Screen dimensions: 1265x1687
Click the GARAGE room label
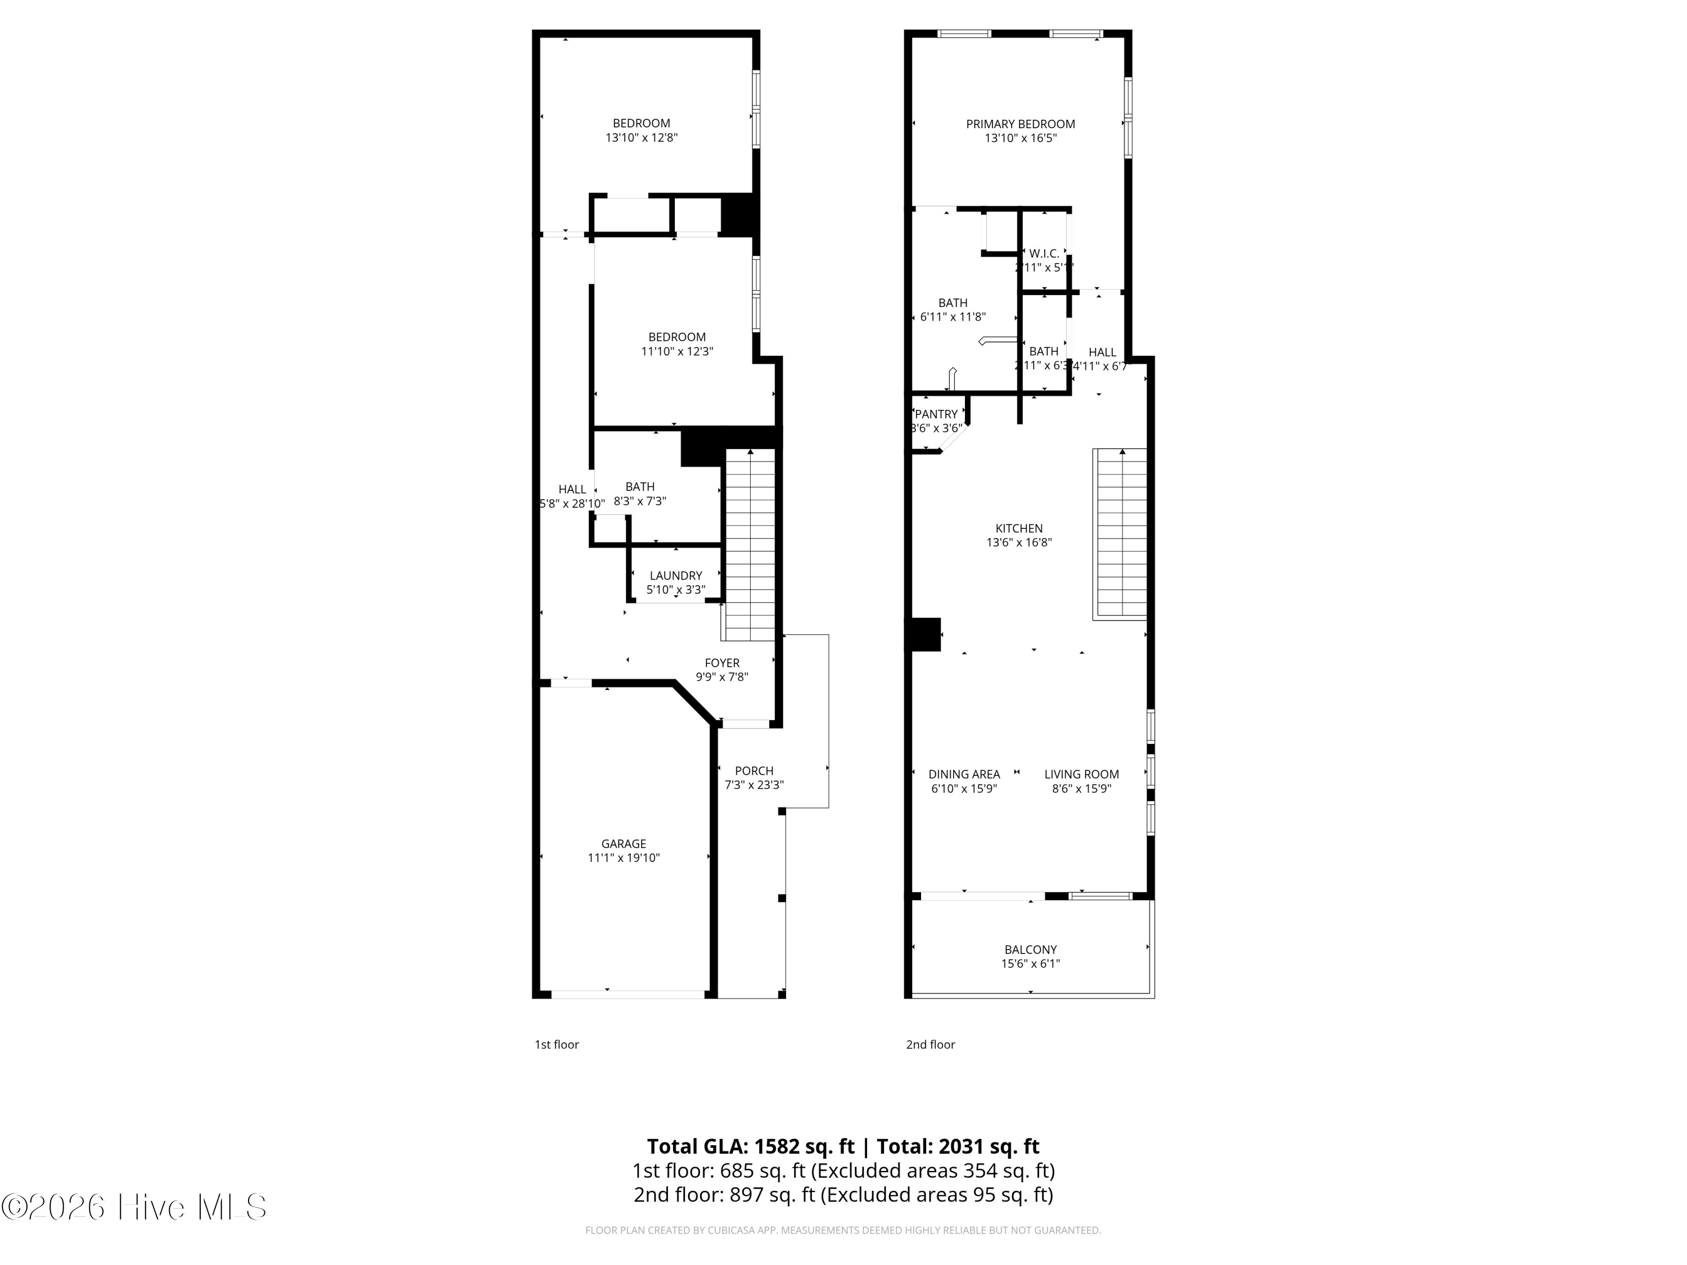pos(623,843)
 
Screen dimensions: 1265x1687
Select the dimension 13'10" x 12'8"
pos(642,138)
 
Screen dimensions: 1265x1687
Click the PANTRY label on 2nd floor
pos(936,414)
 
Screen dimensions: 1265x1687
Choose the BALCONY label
pos(1030,950)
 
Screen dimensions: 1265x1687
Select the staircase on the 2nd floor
pos(1120,534)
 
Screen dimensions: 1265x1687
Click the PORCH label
pos(754,771)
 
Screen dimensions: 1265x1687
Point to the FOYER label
pos(721,663)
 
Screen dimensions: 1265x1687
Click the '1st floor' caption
pos(556,1045)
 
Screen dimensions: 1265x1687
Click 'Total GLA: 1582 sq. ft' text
pos(751,1146)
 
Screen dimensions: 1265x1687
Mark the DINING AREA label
pos(963,774)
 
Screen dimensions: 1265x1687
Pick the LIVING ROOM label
pos(1081,774)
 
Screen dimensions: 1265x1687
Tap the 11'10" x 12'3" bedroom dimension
pos(676,351)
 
